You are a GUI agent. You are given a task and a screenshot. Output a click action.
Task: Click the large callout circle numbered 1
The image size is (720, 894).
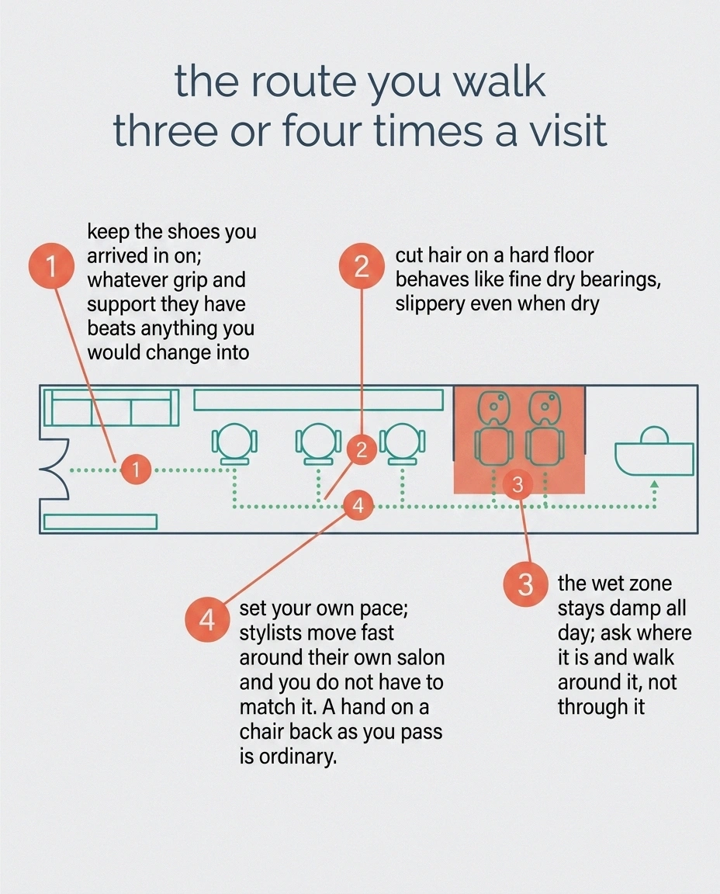pyautogui.click(x=51, y=266)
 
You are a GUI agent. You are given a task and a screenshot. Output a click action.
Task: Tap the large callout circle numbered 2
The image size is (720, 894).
pyautogui.click(x=361, y=266)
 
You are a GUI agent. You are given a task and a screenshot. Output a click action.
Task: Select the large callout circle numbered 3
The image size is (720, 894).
pyautogui.click(x=525, y=584)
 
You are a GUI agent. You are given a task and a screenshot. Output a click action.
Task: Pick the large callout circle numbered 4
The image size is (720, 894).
pyautogui.click(x=207, y=620)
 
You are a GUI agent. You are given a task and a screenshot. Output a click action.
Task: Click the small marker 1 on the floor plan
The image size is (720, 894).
pyautogui.click(x=136, y=470)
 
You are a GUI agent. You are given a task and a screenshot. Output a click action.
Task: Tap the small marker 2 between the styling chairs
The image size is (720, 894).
pyautogui.click(x=362, y=450)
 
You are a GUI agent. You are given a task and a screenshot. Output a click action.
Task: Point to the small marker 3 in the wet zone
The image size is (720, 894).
pyautogui.click(x=517, y=485)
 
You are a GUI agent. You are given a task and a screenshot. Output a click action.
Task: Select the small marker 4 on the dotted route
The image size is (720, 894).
pyautogui.click(x=358, y=505)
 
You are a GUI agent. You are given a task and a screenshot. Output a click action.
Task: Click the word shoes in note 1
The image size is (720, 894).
pyautogui.click(x=193, y=231)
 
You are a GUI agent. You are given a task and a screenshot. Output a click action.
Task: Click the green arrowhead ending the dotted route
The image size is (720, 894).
pyautogui.click(x=655, y=484)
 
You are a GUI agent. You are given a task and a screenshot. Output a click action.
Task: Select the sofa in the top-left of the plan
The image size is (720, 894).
pyautogui.click(x=111, y=407)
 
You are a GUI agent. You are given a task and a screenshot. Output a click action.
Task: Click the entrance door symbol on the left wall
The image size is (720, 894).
pyautogui.click(x=55, y=470)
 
